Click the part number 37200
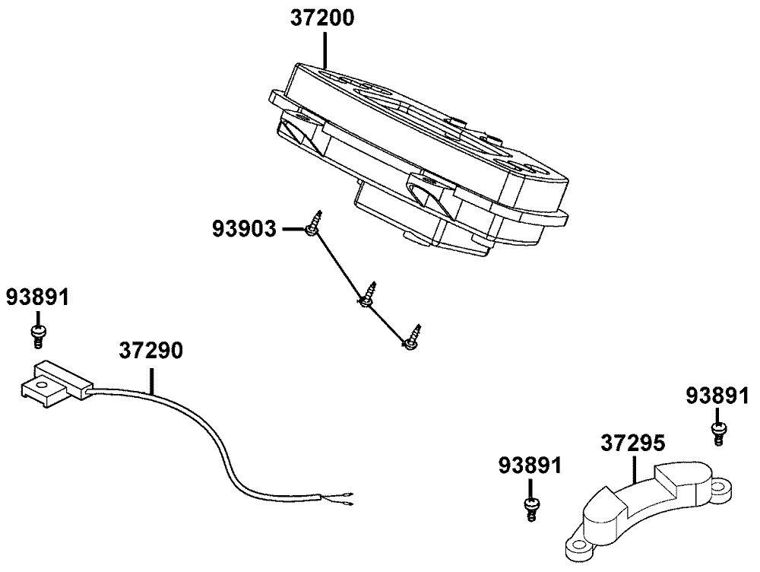(322, 19)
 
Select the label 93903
(244, 228)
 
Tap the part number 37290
(150, 351)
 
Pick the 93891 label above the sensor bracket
(37, 297)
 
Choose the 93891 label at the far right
(716, 396)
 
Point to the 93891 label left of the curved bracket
(530, 465)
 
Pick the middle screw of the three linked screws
(368, 296)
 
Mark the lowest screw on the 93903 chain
(412, 338)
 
